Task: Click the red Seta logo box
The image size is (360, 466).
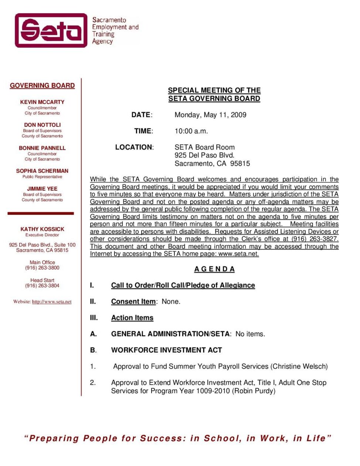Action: [x=51, y=30]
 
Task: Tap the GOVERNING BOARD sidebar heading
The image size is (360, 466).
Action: [x=42, y=86]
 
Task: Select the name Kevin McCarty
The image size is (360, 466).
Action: [x=42, y=102]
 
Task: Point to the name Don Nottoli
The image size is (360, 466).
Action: [x=42, y=125]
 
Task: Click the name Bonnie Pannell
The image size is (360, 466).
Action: [x=42, y=148]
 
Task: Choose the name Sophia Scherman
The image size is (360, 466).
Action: [x=42, y=171]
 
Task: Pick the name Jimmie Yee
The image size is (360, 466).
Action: [x=42, y=189]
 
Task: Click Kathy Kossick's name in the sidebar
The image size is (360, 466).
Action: [x=42, y=229]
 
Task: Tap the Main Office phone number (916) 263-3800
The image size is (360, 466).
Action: [x=42, y=268]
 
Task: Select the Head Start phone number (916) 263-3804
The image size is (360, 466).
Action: [x=42, y=286]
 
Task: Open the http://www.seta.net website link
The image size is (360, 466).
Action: [x=52, y=302]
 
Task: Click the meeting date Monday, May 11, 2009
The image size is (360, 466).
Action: [x=210, y=115]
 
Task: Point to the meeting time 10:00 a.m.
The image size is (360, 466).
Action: [x=191, y=131]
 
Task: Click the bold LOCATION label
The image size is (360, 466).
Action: [x=134, y=147]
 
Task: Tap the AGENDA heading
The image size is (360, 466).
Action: [x=214, y=269]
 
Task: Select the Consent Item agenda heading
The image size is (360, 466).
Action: [x=133, y=302]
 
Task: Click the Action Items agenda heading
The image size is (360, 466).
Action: [x=132, y=318]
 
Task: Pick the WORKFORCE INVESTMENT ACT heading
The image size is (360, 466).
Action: [x=166, y=350]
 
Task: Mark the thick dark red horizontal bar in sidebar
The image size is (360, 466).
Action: [x=41, y=213]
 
